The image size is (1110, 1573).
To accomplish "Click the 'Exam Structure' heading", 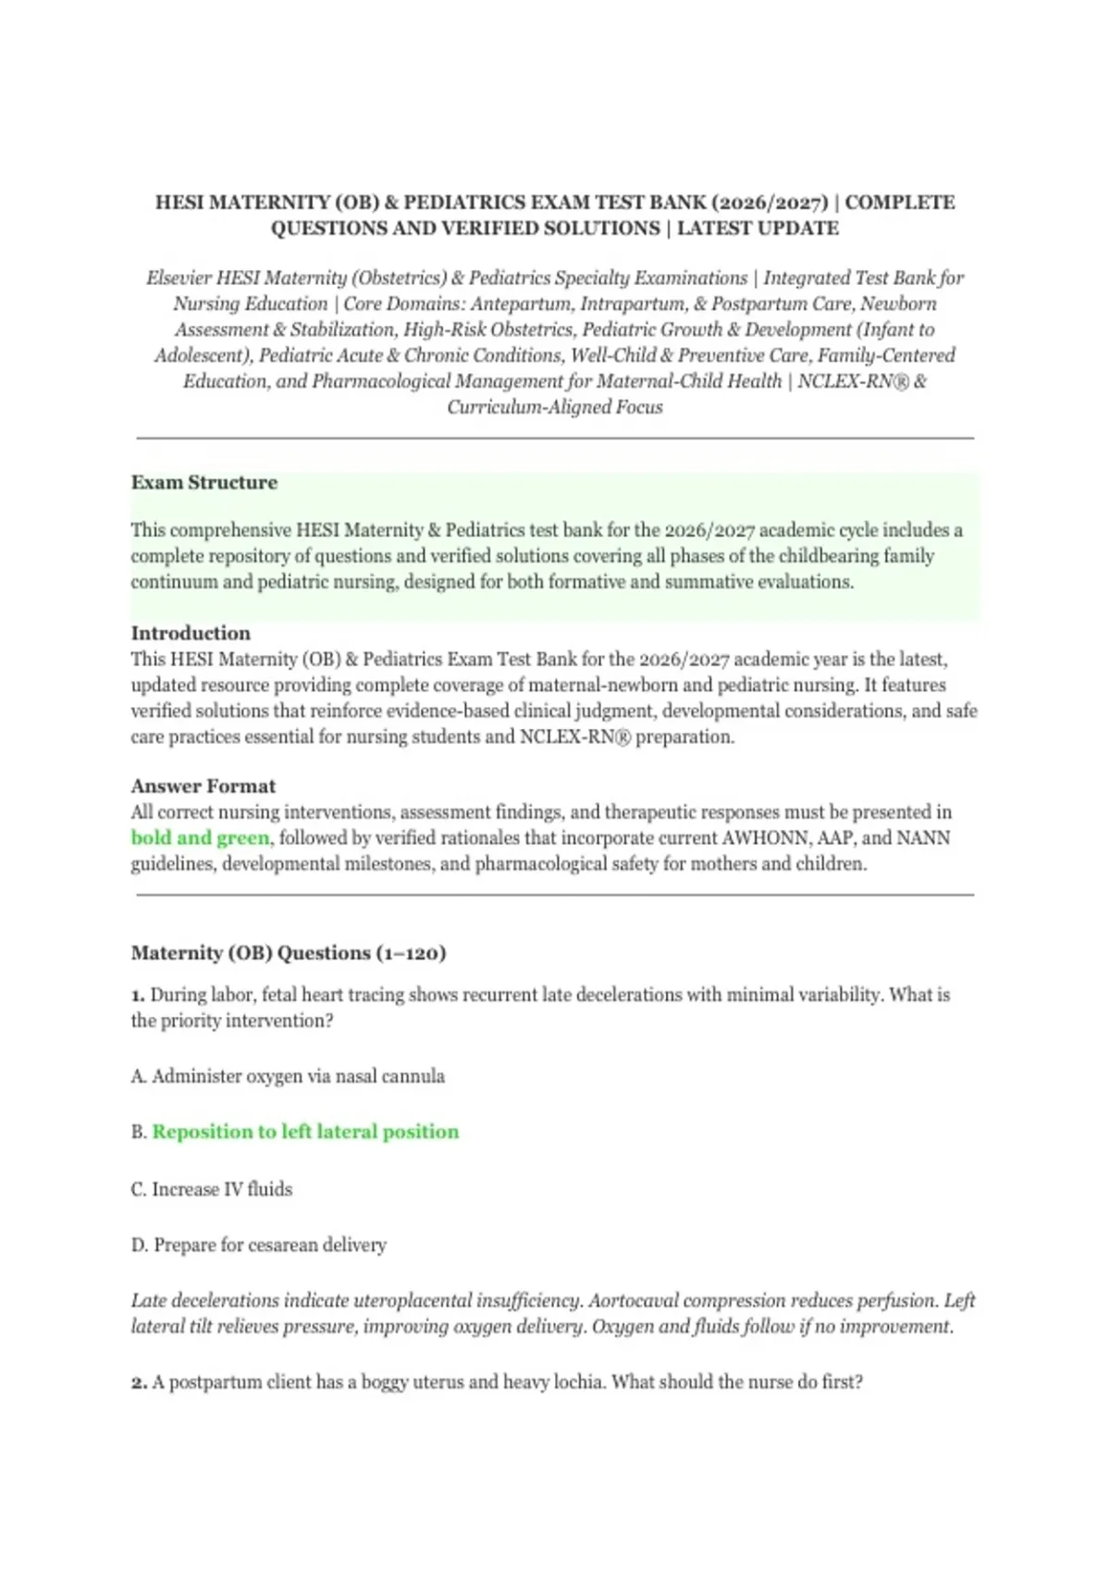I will coord(203,483).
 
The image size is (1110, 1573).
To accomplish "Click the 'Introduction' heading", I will coord(191,634).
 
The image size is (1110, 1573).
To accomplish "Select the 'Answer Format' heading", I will coord(203,786).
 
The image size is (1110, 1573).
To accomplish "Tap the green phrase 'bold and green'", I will coord(200,838).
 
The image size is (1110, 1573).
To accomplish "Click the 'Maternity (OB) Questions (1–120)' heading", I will coord(289,953).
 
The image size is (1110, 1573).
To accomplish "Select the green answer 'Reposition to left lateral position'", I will coord(305,1133).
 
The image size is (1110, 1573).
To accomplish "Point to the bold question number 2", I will coord(139,1382).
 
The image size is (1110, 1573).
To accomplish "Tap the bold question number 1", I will coord(138,996).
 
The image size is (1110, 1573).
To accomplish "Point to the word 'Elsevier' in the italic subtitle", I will coord(179,279).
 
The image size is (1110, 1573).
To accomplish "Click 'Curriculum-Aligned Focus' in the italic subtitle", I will coord(555,408).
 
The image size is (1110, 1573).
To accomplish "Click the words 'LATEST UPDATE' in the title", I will coord(758,229).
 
